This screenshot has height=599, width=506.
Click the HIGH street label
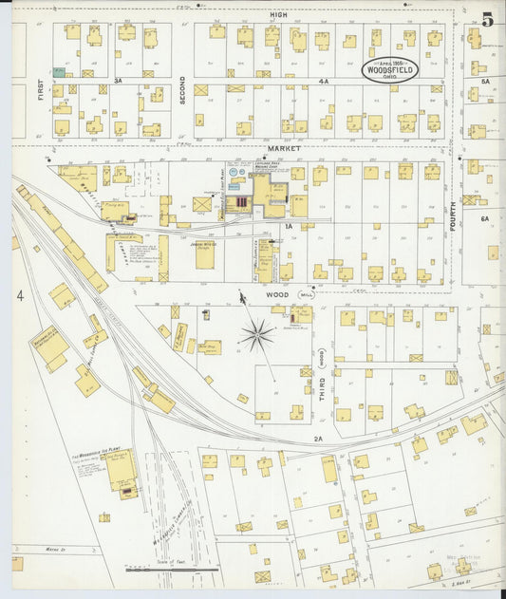[x=278, y=15]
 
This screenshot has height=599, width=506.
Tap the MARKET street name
[x=282, y=149]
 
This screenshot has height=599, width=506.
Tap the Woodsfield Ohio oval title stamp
[x=388, y=69]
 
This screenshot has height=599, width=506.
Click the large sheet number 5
[x=487, y=19]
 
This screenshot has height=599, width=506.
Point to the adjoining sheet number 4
[x=19, y=296]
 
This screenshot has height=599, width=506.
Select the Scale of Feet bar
[x=172, y=570]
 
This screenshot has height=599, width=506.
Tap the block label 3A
[x=119, y=82]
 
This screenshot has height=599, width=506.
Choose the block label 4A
[x=323, y=82]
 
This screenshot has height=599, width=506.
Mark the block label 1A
[x=287, y=226]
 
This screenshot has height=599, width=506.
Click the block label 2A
[x=319, y=439]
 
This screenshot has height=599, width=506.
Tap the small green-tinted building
[x=59, y=71]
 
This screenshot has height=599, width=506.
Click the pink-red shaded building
[x=242, y=202]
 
